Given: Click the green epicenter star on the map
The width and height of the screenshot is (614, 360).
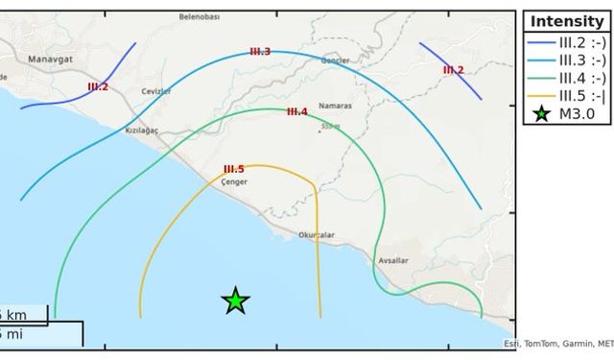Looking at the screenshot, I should [x=236, y=301].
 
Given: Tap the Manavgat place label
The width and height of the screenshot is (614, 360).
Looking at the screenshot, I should [x=44, y=60].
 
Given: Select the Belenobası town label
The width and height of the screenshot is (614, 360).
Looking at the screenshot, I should [x=200, y=16].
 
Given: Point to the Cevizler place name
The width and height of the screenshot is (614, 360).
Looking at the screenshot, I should [x=155, y=91].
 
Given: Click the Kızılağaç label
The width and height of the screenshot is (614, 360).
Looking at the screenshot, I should [x=141, y=130].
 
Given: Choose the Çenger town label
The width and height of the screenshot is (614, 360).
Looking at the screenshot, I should [x=234, y=180].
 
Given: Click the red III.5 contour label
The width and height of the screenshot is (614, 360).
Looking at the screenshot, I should [x=233, y=169].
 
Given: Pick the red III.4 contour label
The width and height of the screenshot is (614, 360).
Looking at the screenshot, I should [x=297, y=111].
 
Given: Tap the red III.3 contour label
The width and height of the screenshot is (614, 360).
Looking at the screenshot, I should [x=260, y=52].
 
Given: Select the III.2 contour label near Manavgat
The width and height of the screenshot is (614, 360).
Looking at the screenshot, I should [x=98, y=87].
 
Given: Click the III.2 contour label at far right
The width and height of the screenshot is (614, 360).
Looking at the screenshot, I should [x=453, y=70].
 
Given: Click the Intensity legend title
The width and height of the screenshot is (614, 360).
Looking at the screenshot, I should [x=566, y=21].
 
